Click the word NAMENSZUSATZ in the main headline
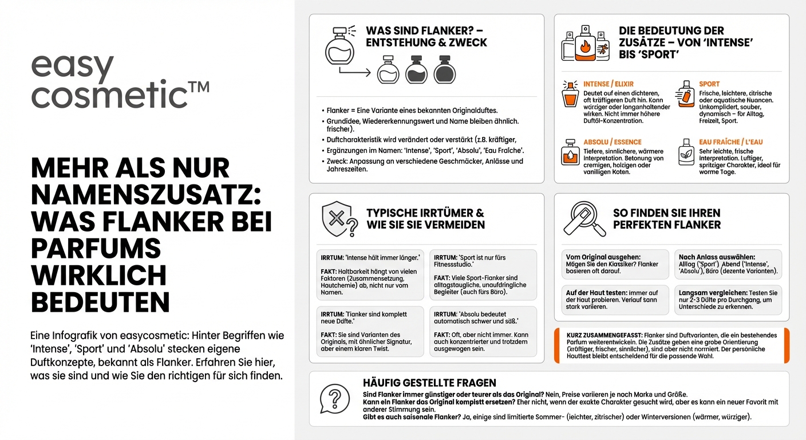click(146, 195)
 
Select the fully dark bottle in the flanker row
click(445, 69)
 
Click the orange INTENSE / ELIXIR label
click(609, 84)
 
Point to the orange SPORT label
click(709, 84)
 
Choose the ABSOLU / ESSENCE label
click(613, 142)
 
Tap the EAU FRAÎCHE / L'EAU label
click(731, 142)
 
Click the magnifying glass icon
click(584, 219)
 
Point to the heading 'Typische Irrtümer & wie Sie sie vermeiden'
click(425, 218)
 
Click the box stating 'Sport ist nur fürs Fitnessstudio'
click(483, 274)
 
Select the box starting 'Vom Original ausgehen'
click(614, 264)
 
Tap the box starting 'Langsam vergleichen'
click(728, 300)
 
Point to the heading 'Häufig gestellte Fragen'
click(429, 383)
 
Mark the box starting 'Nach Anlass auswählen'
click(728, 264)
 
